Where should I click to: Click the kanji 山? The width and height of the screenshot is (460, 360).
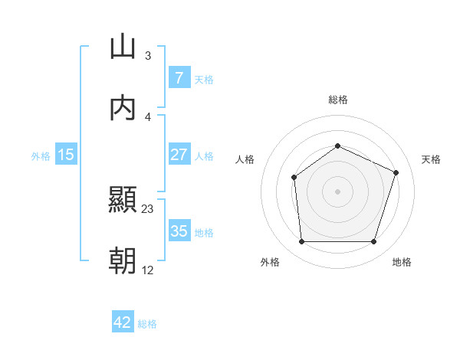pos(123,47)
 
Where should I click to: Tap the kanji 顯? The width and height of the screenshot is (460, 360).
pos(123,201)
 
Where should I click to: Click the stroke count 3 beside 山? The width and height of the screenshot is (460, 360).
pos(148,56)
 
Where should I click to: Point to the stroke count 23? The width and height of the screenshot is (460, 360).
pos(148,209)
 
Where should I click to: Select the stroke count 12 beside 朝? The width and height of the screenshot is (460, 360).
pos(148,270)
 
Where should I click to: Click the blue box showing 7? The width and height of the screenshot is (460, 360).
pos(179,77)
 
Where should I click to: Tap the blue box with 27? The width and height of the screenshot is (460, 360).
pos(179,154)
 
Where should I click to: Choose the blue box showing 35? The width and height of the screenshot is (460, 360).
pos(179,231)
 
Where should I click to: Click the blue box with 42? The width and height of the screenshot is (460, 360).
pos(123,322)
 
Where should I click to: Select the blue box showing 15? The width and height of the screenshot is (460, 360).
pos(66,154)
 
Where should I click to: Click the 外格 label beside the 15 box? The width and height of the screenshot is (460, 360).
pos(41,155)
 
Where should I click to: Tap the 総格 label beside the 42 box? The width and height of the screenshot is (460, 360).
pos(147,324)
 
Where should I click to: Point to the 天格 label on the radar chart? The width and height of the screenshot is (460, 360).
pos(432,159)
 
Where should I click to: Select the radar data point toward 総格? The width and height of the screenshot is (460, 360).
pos(337,146)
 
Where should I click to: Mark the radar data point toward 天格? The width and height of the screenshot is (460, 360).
pos(396,172)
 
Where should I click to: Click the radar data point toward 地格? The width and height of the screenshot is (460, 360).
pos(373,242)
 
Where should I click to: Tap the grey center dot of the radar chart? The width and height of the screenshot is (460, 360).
pos(337,191)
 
